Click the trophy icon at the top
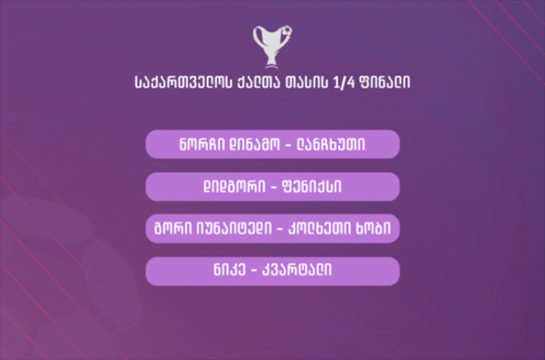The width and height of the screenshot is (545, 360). [272, 45]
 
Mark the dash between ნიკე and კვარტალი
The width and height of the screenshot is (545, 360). [256, 271]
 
